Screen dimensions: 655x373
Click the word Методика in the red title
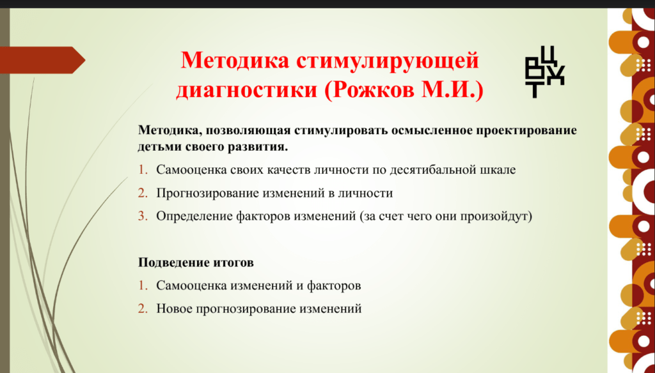point(235,60)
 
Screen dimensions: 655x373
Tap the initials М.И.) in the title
point(452,90)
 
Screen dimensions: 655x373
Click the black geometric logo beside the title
point(545,72)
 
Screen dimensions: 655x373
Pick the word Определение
point(194,216)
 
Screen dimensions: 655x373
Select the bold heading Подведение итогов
point(196,263)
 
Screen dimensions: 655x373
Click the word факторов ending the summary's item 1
point(334,285)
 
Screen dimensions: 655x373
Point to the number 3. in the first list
point(143,216)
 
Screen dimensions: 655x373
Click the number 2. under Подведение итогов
point(143,308)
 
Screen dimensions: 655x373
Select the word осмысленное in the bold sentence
point(428,130)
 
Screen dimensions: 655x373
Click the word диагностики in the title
point(247,90)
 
